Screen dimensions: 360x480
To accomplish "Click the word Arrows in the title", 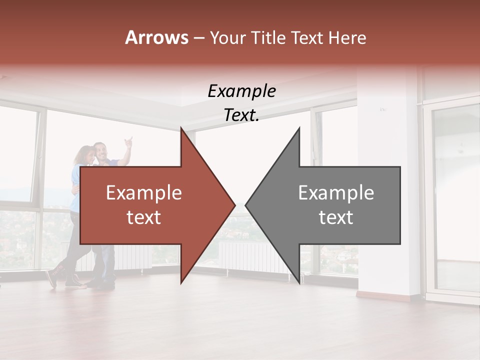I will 156,37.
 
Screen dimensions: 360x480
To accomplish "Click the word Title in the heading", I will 268,37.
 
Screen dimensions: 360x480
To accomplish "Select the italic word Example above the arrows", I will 241,91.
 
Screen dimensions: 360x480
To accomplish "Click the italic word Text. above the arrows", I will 241,115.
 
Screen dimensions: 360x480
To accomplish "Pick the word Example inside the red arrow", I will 144,193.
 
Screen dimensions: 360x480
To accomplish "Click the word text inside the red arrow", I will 144,217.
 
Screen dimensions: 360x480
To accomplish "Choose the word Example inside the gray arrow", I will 336,193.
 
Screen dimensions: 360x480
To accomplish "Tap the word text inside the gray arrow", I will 336,217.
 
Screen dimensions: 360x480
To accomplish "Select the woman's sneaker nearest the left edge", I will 51,278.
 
